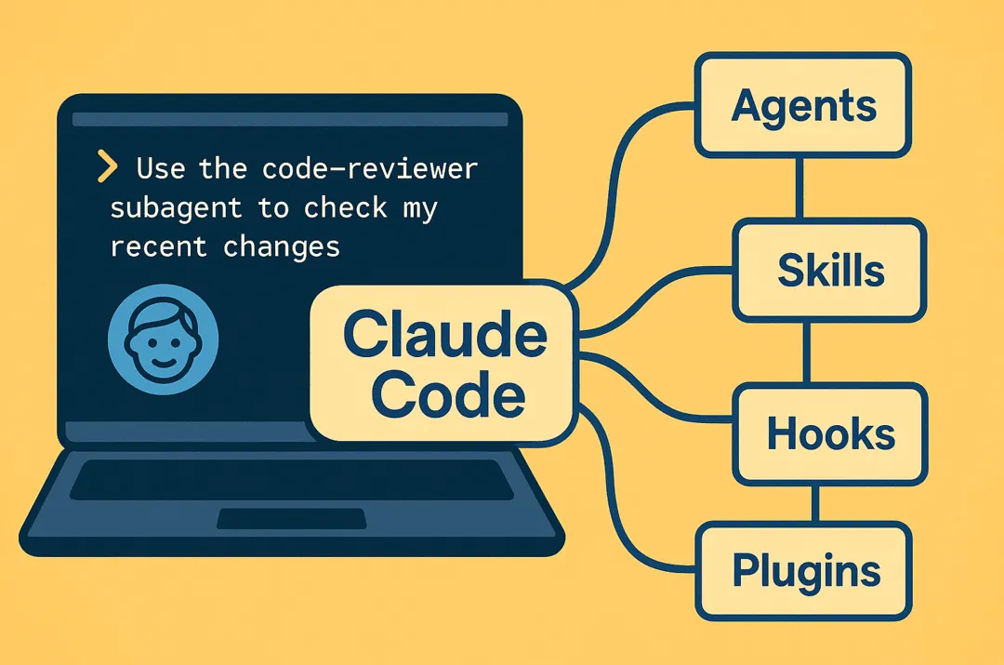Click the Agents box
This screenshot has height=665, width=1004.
pos(803,105)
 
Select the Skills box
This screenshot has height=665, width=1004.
pos(830,270)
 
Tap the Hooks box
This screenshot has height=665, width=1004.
pos(830,434)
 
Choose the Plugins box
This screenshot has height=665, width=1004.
pos(805,570)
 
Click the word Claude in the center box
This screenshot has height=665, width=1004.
pos(444,336)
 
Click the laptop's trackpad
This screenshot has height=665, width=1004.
pos(292,519)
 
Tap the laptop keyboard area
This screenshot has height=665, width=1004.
pos(292,480)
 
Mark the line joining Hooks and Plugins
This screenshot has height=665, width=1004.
pos(814,503)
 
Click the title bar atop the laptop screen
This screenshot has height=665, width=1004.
pos(289,119)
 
